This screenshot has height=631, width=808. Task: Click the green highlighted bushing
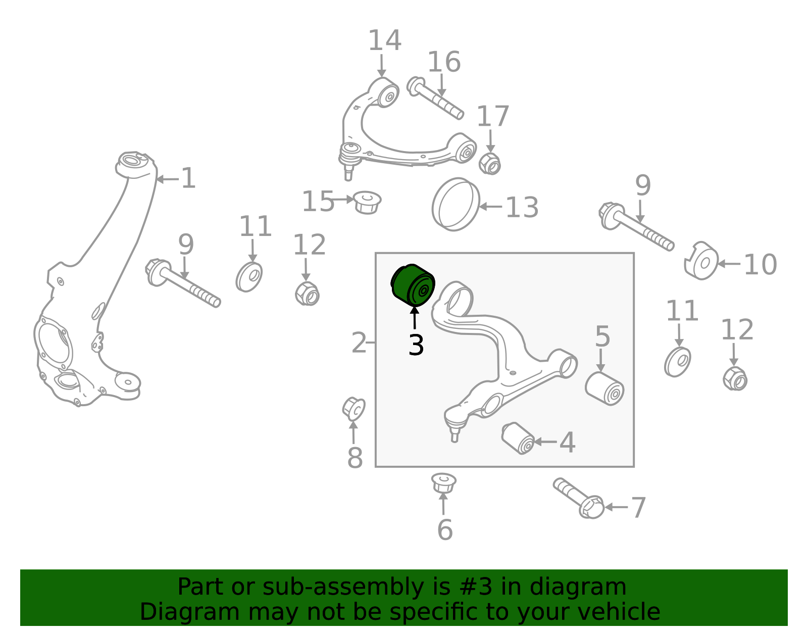click(x=413, y=285)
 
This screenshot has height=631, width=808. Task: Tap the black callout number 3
click(x=416, y=345)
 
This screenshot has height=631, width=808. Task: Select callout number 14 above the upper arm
click(x=385, y=40)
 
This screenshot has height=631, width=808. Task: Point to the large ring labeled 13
click(x=456, y=204)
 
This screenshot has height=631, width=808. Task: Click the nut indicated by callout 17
click(x=489, y=164)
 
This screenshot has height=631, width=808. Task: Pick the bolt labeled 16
click(x=435, y=98)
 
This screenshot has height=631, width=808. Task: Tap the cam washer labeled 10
click(x=701, y=261)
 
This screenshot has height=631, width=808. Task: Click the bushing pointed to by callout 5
click(x=604, y=389)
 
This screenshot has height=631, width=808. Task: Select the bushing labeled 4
click(x=518, y=438)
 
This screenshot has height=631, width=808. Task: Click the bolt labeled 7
click(x=579, y=498)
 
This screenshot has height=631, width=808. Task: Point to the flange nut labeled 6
click(x=443, y=483)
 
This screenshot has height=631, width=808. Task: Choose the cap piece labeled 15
click(x=367, y=203)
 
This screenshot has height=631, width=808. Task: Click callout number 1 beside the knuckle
click(x=188, y=178)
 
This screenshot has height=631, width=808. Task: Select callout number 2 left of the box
click(x=359, y=343)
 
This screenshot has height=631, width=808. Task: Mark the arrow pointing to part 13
click(x=490, y=206)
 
